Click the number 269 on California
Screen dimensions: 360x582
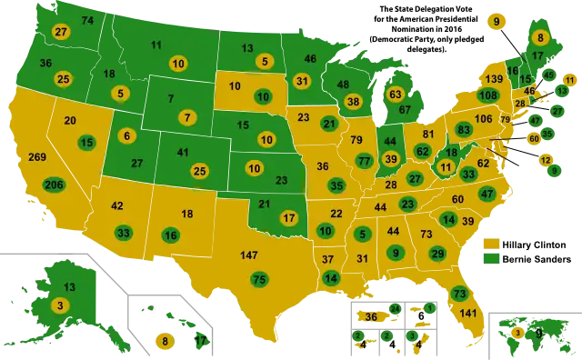pyautogui.click(x=37, y=157)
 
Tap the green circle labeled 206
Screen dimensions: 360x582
pyautogui.click(x=54, y=185)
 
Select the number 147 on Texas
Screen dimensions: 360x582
pyautogui.click(x=249, y=255)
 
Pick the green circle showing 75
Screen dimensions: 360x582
pyautogui.click(x=259, y=279)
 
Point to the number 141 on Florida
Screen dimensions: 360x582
pyautogui.click(x=468, y=314)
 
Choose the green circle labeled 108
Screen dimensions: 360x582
pyautogui.click(x=487, y=95)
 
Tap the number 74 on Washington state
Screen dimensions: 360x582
pyautogui.click(x=87, y=20)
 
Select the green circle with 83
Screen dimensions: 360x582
pyautogui.click(x=464, y=130)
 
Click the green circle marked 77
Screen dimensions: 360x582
pyautogui.click(x=365, y=161)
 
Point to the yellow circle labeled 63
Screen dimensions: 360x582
pyautogui.click(x=395, y=94)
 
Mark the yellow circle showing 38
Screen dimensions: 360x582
pyautogui.click(x=353, y=101)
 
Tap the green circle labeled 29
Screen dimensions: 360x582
pyautogui.click(x=437, y=253)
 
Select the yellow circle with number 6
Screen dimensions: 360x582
pyautogui.click(x=125, y=135)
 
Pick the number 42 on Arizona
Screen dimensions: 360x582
pyautogui.click(x=117, y=205)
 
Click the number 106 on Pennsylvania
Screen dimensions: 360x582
pyautogui.click(x=484, y=119)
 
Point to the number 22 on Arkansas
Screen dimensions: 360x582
pyautogui.click(x=336, y=213)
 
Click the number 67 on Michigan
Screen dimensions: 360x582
pyautogui.click(x=406, y=109)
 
